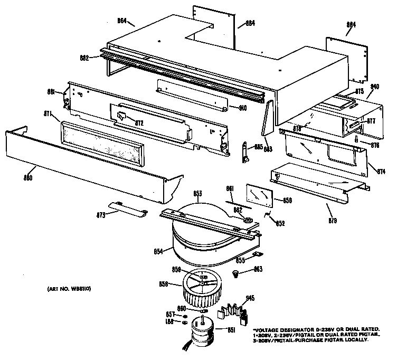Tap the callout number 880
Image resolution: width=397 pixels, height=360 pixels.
(x=27, y=178)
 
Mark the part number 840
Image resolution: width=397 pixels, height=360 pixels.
(x=375, y=86)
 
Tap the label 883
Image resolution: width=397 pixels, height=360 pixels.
(x=269, y=151)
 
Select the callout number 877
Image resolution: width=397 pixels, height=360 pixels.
(x=371, y=121)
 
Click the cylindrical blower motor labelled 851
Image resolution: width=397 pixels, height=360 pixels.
(x=204, y=334)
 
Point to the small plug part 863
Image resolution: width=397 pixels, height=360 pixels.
(x=237, y=273)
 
